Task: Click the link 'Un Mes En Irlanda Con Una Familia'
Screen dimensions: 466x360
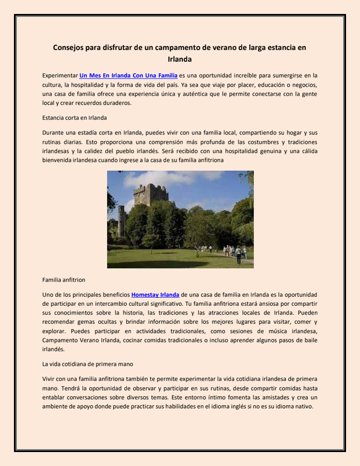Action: coord(128,76)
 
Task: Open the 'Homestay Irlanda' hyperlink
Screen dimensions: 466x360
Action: coord(155,295)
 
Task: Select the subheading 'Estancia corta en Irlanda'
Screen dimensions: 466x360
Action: coord(75,118)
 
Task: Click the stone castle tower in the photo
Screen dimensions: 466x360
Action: coord(150,195)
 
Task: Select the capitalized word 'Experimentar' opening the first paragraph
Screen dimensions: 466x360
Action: coord(60,76)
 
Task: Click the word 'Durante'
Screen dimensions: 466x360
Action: coord(56,132)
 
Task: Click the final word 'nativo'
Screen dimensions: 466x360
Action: coord(303,407)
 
